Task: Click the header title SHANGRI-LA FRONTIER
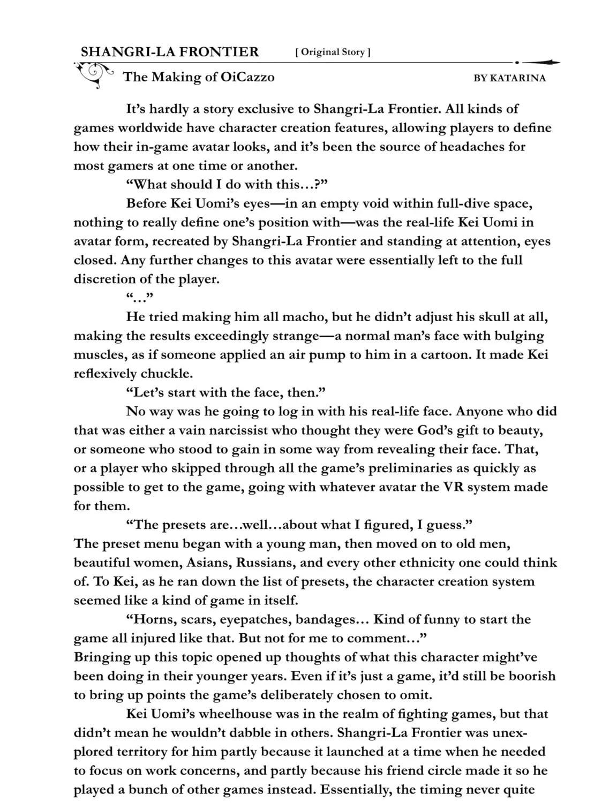click(169, 52)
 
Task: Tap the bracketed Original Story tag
click(333, 52)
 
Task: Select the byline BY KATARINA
click(509, 78)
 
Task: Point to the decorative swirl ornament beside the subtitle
click(95, 74)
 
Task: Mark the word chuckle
click(165, 374)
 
